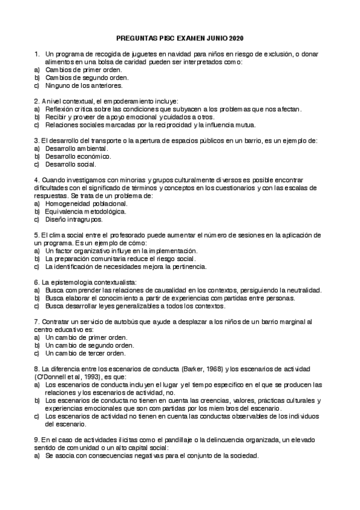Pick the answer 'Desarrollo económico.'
(x=78, y=156)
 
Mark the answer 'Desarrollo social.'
(x=70, y=164)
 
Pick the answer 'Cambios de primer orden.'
(x=84, y=70)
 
